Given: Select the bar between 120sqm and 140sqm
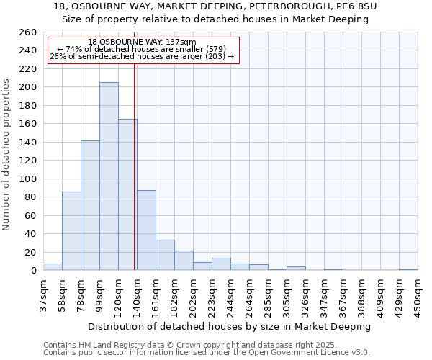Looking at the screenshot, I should pos(127,194).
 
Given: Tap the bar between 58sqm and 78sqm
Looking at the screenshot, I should pos(71,230).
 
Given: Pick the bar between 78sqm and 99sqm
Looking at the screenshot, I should pos(90,205).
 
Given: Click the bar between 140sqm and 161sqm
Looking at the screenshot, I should pos(146,230).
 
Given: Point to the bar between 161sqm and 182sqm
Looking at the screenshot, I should pos(165,255).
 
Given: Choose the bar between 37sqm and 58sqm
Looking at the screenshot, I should pos(53,267).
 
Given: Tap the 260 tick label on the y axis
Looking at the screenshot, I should pos(28,32).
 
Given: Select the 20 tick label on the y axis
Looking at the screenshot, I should pos(31,252).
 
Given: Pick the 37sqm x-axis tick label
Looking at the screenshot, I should pos(43,293).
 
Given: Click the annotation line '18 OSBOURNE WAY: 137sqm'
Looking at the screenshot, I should pos(142,42).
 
